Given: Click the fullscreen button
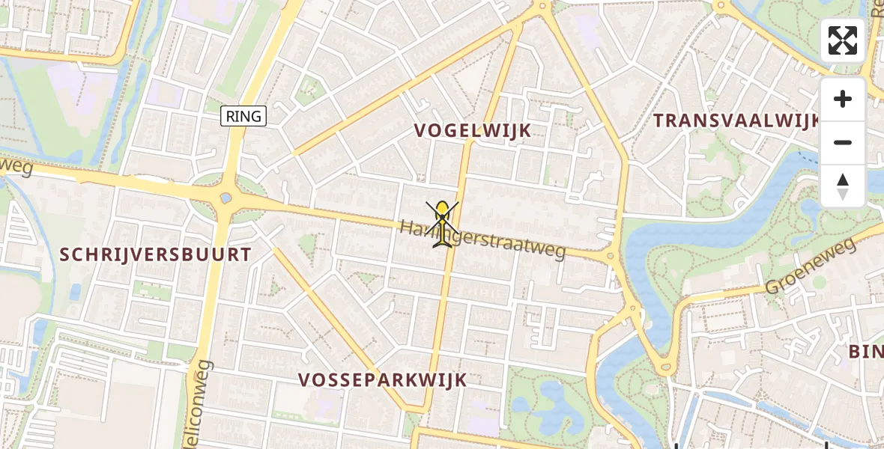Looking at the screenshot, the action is [843, 40].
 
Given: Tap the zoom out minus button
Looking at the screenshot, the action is [843, 142].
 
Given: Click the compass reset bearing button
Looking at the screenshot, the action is [843, 186].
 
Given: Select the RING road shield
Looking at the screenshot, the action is [243, 116].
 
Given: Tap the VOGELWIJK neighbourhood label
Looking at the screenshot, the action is [473, 131].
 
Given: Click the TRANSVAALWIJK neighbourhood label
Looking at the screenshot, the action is [736, 121].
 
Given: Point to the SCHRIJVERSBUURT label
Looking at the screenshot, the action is [156, 254].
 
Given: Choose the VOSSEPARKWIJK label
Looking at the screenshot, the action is [383, 380].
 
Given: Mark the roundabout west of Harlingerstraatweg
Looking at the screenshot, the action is [225, 199].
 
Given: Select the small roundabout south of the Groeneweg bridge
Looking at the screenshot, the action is [664, 367].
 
